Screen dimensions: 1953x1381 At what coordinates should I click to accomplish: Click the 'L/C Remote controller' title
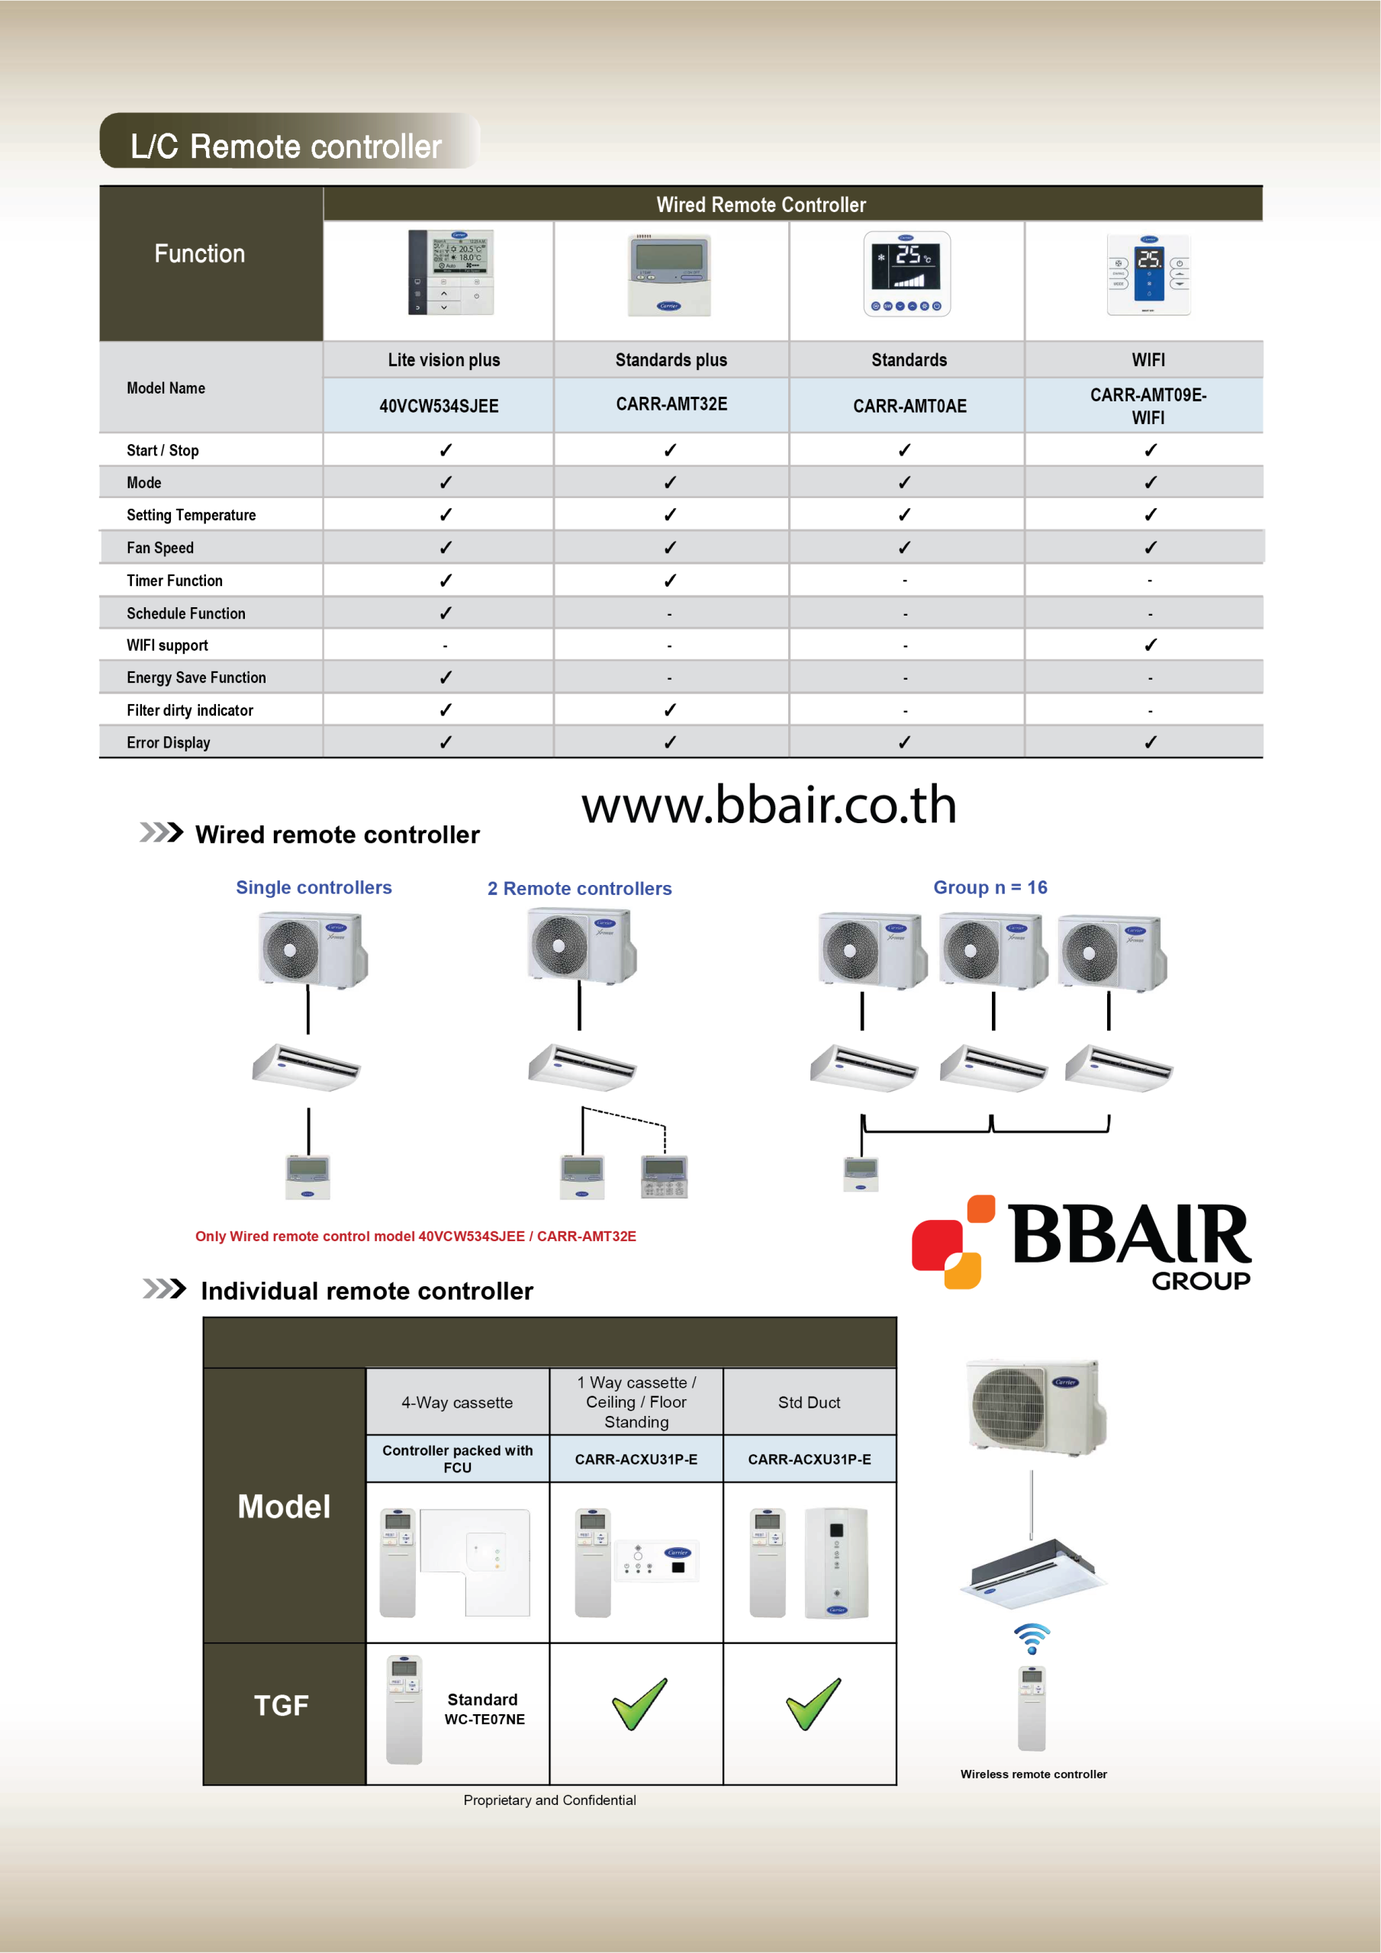click(286, 146)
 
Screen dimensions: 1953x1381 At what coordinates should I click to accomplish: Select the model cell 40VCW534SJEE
click(438, 406)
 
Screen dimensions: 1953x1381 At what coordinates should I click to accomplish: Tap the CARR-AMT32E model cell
click(671, 404)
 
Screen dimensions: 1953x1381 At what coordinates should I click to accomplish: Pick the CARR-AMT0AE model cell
click(909, 406)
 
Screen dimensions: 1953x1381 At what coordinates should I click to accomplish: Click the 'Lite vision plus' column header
click(443, 360)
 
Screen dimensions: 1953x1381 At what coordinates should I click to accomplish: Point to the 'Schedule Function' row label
click(185, 613)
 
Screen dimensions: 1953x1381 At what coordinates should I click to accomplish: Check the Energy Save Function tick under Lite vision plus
click(445, 677)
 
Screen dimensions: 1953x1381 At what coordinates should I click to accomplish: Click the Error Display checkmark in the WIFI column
click(1150, 742)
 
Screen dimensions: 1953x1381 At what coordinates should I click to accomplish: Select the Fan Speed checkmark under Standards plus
click(670, 548)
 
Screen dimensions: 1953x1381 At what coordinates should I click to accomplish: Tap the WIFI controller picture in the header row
click(1148, 276)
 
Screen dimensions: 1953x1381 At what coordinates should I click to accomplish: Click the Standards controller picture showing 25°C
click(907, 275)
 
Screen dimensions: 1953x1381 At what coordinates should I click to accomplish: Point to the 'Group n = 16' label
click(990, 887)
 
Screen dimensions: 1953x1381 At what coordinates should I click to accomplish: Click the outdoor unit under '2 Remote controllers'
click(581, 946)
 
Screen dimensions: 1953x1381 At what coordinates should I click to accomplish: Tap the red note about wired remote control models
click(415, 1236)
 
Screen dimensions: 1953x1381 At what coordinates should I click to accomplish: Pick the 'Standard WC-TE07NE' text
click(483, 1709)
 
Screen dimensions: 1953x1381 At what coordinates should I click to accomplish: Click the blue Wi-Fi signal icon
click(1032, 1636)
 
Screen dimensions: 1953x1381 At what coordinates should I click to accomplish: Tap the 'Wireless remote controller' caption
click(1033, 1774)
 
